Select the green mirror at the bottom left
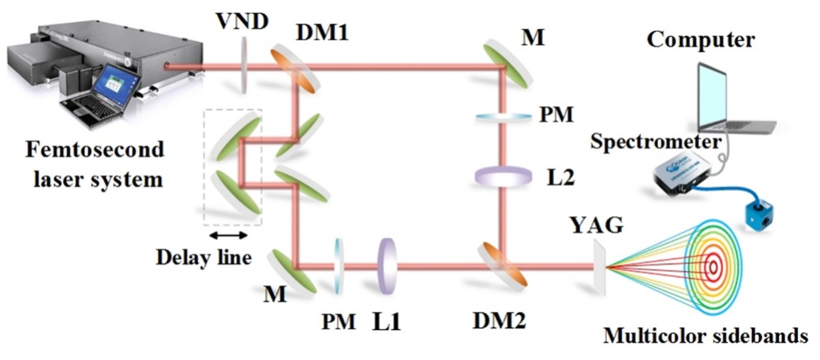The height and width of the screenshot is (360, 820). click(x=290, y=269)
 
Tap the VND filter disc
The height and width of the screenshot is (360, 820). click(x=245, y=66)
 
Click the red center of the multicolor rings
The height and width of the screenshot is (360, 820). click(x=713, y=268)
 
